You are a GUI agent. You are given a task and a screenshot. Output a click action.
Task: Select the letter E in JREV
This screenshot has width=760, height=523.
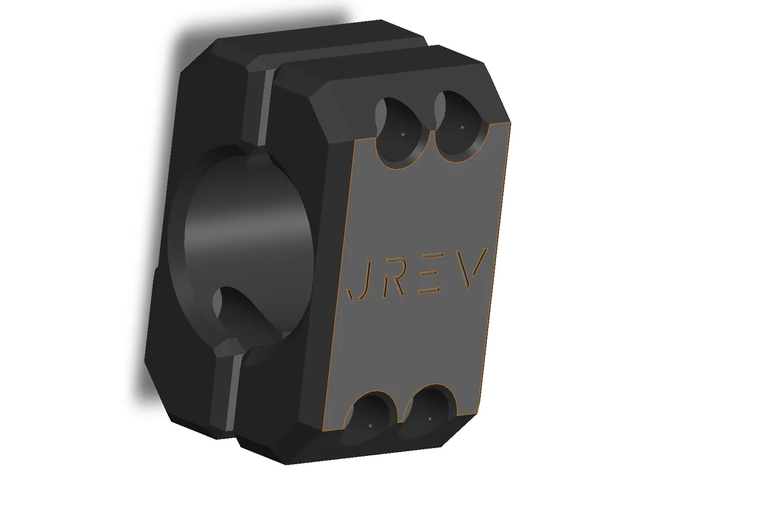pyautogui.click(x=431, y=274)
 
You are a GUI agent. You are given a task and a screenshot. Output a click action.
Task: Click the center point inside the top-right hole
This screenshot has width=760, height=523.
pyautogui.click(x=462, y=127)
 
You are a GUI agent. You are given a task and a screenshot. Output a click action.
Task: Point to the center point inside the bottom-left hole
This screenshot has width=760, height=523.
pyautogui.click(x=370, y=426)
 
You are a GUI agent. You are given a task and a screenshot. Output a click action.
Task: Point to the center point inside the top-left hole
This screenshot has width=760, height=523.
pyautogui.click(x=403, y=135)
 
